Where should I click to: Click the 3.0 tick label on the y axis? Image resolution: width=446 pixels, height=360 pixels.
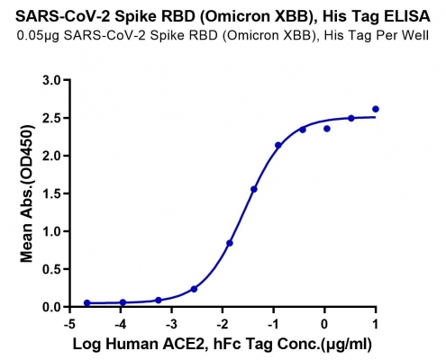coord(52,80)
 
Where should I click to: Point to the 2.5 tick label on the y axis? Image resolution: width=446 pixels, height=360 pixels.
coord(52,118)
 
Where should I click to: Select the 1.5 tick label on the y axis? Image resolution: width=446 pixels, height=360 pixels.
coord(52,193)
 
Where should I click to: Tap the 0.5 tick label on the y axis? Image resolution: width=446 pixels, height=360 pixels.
coord(52,269)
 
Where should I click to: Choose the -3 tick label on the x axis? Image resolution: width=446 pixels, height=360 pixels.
coord(170,324)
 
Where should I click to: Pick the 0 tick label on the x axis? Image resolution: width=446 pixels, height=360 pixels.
coord(324,324)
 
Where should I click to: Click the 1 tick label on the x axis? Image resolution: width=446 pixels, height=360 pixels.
coord(376,324)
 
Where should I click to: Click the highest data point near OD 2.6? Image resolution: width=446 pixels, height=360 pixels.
coord(376,109)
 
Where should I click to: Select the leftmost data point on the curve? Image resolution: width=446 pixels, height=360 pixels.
coord(87,303)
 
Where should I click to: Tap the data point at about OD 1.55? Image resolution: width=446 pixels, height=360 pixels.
coord(254,189)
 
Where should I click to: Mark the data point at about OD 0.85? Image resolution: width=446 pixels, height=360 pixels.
coord(230,243)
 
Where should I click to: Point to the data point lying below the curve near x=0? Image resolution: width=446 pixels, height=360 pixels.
coord(327,129)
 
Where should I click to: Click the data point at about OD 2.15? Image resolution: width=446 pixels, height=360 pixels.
coord(278,145)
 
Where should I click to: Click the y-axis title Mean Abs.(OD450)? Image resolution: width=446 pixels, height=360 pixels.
coord(26,193)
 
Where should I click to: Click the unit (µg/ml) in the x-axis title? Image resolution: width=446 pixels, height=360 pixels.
coord(346,345)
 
